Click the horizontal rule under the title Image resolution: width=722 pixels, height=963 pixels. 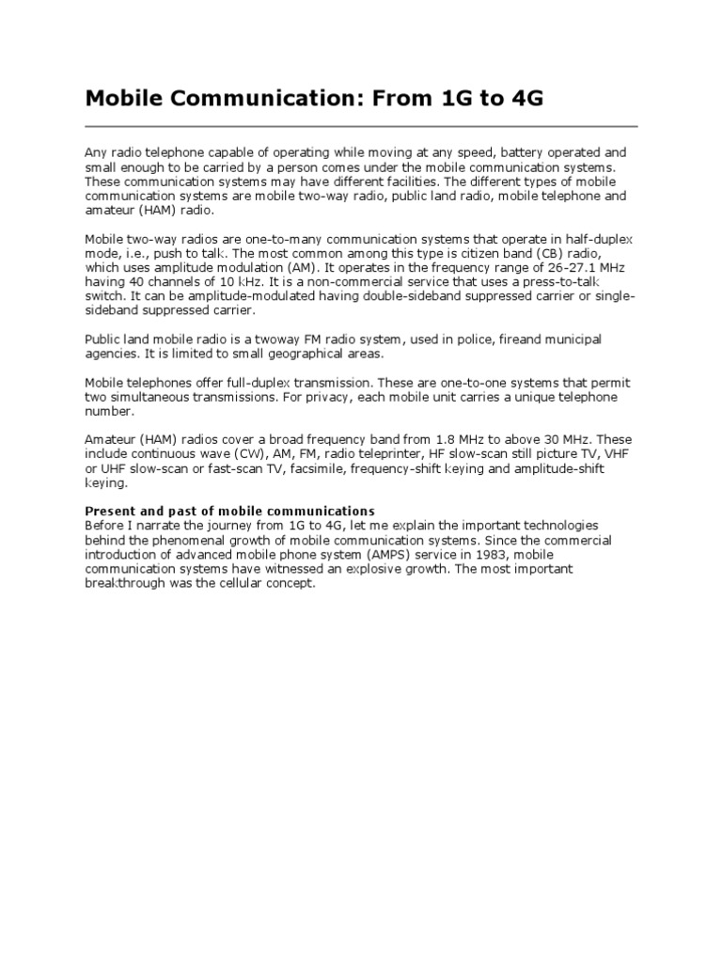(361, 126)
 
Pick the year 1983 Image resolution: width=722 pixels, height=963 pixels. (487, 554)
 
